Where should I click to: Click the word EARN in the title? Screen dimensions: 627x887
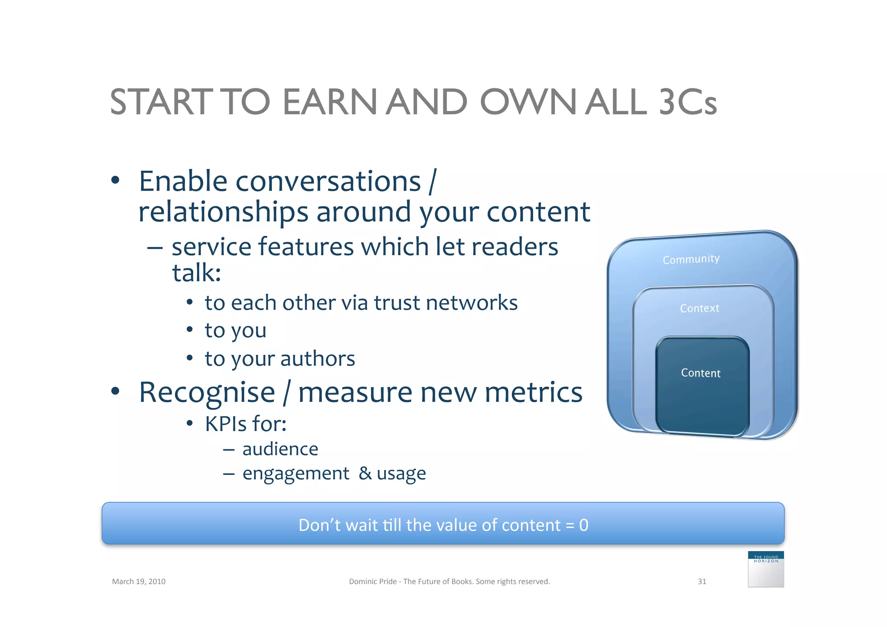coord(330,102)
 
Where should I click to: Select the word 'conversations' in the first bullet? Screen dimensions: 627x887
coord(328,181)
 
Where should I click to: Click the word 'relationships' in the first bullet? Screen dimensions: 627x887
coord(223,212)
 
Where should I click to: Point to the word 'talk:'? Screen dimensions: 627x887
coord(197,273)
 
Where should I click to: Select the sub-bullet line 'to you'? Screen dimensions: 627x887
coord(235,331)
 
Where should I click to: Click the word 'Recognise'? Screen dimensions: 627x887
coord(207,392)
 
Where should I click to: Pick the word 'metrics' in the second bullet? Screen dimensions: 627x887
coord(533,392)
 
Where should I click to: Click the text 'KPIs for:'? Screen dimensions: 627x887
coord(246,424)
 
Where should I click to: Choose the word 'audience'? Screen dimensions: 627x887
coord(280,449)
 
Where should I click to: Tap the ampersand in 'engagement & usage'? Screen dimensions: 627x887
coord(365,473)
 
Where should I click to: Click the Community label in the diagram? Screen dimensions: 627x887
coord(691,259)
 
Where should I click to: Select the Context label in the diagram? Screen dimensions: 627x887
coord(699,308)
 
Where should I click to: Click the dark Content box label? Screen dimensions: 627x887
coord(701,373)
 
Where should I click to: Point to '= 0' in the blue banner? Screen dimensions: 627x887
coord(577,525)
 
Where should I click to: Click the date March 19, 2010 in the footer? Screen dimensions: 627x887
coord(139,582)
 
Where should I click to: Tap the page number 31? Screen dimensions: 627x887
coord(702,582)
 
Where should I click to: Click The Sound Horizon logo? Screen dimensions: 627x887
coord(766,569)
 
